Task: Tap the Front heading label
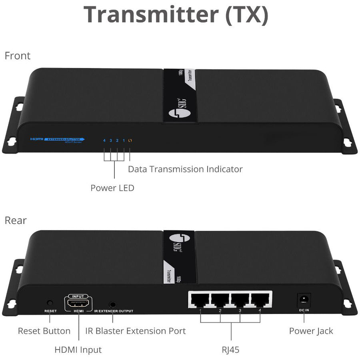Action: click(17, 56)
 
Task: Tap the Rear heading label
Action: click(16, 220)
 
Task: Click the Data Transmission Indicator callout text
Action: click(185, 169)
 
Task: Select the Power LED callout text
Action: click(112, 188)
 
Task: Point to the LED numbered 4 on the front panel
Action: click(104, 140)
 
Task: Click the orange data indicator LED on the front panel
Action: click(130, 140)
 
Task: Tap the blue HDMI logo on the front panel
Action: click(36, 139)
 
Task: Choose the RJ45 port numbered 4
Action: click(260, 300)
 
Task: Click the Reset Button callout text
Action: click(44, 331)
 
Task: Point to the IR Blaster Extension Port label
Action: click(136, 331)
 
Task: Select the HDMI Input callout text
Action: click(78, 350)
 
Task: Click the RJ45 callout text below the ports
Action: click(231, 350)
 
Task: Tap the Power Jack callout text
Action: click(311, 331)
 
